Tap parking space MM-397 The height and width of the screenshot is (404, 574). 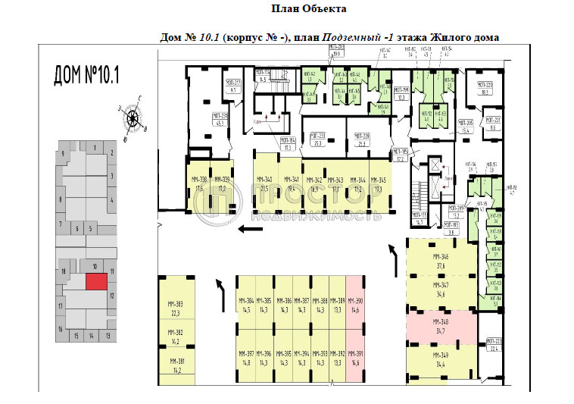[x=245, y=356]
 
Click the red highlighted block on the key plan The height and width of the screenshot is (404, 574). [x=95, y=281]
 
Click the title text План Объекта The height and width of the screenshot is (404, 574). [x=308, y=9]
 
